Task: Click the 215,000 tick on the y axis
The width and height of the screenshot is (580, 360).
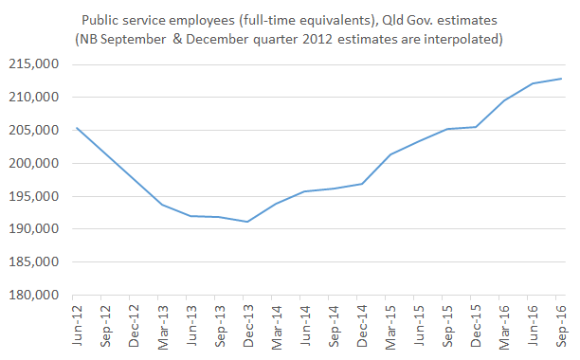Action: click(37, 64)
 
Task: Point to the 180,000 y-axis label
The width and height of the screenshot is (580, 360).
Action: click(37, 296)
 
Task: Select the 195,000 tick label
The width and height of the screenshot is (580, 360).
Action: click(37, 197)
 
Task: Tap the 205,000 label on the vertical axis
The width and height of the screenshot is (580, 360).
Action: click(37, 131)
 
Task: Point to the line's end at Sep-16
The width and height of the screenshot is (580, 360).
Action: click(561, 79)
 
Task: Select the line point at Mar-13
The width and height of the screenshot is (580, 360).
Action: click(163, 205)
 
